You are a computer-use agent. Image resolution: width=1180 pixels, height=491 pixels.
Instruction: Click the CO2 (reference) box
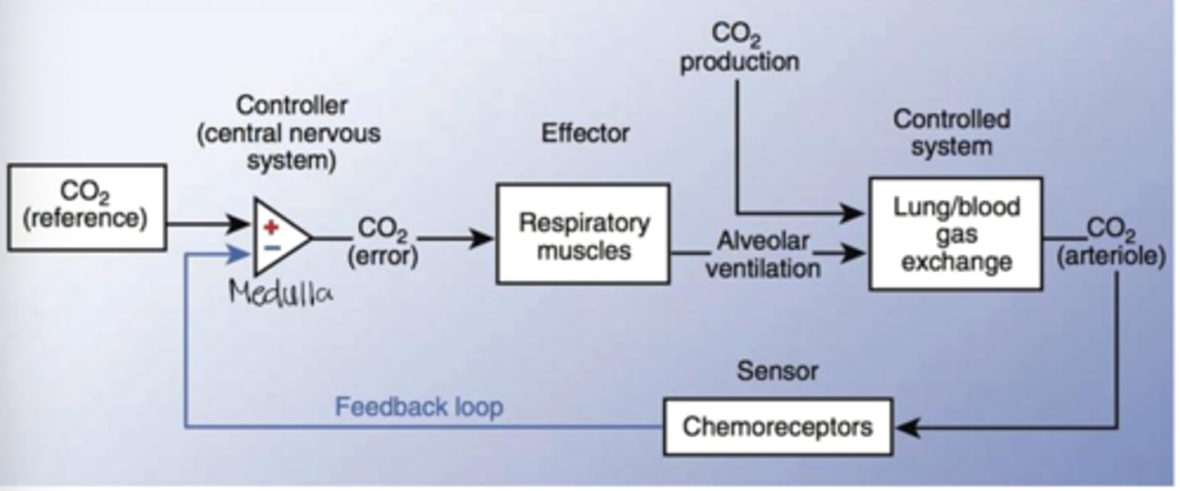tap(88, 207)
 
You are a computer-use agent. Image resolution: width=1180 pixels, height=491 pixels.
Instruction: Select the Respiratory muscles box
tap(583, 234)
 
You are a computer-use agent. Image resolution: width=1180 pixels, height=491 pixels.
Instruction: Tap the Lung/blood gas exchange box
tap(955, 234)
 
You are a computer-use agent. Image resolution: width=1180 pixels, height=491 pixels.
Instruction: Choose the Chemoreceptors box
tap(777, 426)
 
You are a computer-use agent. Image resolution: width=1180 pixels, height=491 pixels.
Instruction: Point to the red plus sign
tap(271, 226)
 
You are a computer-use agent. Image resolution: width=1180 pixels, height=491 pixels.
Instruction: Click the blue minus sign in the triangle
tap(271, 248)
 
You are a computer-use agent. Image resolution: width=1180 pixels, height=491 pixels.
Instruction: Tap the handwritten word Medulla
tap(282, 292)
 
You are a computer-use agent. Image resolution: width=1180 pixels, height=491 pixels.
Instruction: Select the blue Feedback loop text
tap(419, 407)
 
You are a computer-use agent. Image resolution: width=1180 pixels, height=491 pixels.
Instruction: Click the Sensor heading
tap(777, 371)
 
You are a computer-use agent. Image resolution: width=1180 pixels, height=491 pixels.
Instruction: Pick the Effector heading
tap(585, 133)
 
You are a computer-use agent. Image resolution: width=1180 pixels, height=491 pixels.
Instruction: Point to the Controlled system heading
tap(951, 133)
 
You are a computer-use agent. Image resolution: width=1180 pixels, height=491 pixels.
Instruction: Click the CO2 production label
tap(739, 48)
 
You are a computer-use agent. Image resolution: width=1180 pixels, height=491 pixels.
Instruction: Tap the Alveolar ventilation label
tap(763, 254)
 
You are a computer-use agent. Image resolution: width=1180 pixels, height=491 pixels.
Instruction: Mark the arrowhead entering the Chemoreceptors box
tap(904, 427)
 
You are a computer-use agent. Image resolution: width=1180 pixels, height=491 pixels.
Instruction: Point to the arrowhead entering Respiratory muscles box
tap(484, 239)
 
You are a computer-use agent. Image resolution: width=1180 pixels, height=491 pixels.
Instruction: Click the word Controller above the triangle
tap(292, 106)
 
